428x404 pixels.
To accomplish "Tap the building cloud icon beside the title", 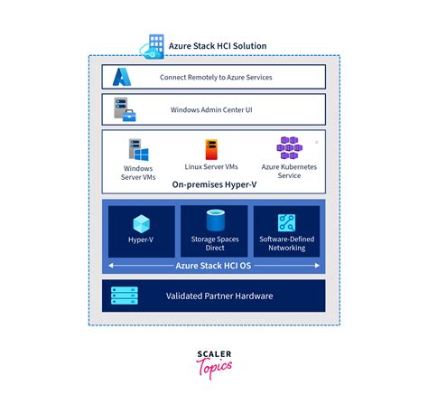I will click(x=152, y=44).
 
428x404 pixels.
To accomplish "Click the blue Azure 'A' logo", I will click(x=123, y=77).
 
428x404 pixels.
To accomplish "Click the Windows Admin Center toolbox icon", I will click(x=124, y=110).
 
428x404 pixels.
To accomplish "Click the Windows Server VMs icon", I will click(x=138, y=149).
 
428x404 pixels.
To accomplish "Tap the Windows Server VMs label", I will click(x=138, y=172).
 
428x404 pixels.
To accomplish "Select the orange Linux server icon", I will click(x=212, y=149).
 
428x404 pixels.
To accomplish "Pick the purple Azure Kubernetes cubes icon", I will click(x=289, y=147).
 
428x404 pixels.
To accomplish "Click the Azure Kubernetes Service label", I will click(x=289, y=172).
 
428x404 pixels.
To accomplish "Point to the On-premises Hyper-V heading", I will click(x=214, y=187).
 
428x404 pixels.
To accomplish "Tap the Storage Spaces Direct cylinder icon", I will click(x=215, y=221).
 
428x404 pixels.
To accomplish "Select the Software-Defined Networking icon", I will click(x=287, y=223).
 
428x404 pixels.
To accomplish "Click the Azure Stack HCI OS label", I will click(x=214, y=266).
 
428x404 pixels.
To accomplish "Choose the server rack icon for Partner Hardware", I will click(x=124, y=296).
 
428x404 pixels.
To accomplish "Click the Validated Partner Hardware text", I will click(x=219, y=296).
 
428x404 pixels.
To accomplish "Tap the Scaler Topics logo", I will click(x=214, y=364).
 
